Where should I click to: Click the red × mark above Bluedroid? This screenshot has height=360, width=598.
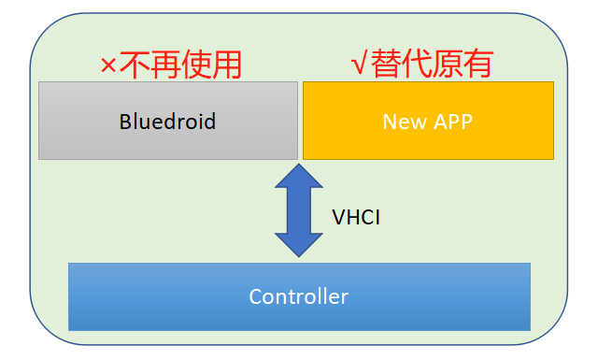tap(108, 65)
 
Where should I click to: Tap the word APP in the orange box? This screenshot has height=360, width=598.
tap(452, 122)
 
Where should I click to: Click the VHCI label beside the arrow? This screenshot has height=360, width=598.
tap(356, 218)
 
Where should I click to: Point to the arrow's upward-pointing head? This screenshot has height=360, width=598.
tap(299, 176)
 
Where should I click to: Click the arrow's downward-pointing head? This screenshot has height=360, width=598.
tap(299, 245)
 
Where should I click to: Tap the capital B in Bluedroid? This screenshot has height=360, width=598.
tap(124, 122)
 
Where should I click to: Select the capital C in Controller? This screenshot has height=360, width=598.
tap(254, 297)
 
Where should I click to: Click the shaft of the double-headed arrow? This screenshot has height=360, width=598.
tap(299, 210)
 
